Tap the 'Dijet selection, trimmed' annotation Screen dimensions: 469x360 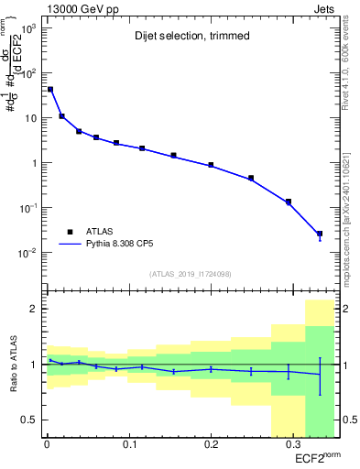[183, 37]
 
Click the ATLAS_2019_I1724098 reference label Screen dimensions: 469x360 [191, 273]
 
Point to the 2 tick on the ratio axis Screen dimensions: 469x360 [32, 309]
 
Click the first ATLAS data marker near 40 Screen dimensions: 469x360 [50, 90]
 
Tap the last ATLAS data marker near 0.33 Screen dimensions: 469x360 [320, 234]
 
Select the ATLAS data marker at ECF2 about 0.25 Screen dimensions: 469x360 [251, 178]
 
